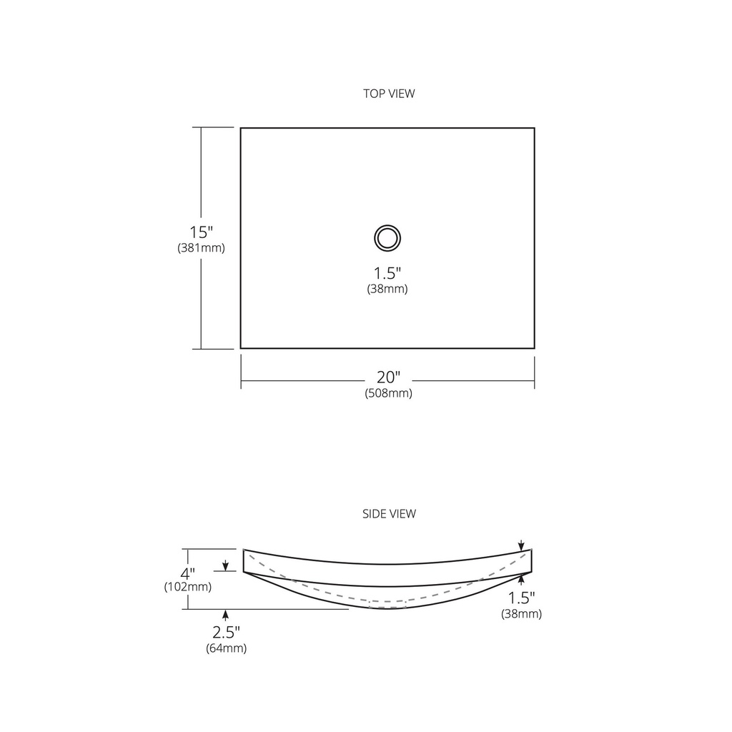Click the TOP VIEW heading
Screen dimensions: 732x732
[389, 94]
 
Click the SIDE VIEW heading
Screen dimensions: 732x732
[389, 513]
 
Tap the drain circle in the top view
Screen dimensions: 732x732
[387, 225]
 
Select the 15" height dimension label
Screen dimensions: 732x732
[201, 232]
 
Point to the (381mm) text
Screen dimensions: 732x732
[201, 247]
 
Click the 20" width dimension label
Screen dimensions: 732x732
[389, 377]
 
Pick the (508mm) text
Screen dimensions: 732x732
[388, 393]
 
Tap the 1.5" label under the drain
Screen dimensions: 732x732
[387, 273]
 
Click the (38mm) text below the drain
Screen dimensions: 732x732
[387, 289]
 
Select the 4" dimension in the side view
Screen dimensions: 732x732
[188, 573]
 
